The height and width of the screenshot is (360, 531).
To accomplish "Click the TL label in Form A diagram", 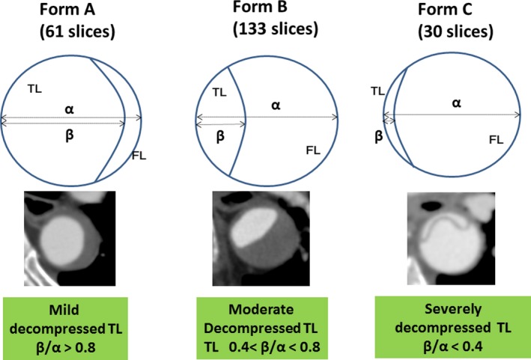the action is click(x=34, y=88).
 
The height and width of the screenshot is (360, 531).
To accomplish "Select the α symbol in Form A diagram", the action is click(x=70, y=109).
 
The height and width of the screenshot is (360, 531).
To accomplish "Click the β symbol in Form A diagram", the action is click(x=70, y=137).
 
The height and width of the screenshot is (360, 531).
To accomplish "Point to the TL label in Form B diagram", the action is click(x=219, y=94).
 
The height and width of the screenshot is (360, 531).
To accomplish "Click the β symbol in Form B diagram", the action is click(x=220, y=137).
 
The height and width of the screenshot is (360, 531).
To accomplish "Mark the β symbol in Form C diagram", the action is click(x=378, y=137).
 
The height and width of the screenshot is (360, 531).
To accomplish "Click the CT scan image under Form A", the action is click(x=70, y=229).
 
